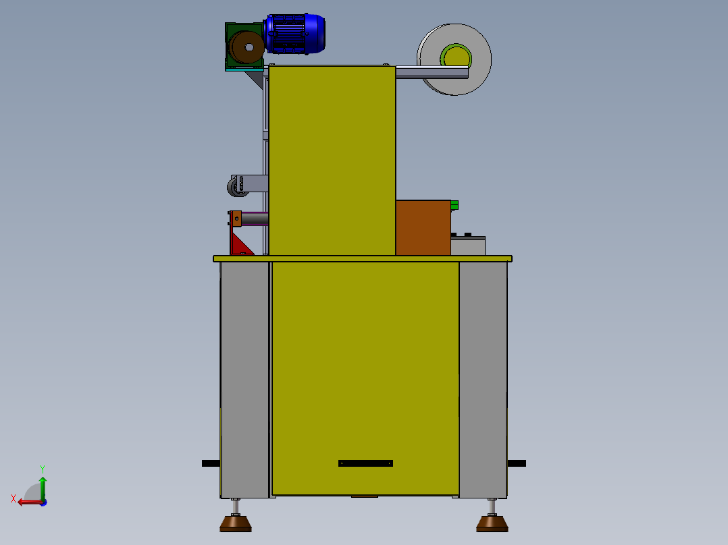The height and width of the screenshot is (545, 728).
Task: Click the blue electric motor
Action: (x=295, y=34)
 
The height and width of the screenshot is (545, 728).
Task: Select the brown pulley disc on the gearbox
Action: (x=246, y=48)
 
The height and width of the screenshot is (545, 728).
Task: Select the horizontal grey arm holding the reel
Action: (x=432, y=72)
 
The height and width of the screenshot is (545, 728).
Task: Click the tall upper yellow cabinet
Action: (x=332, y=160)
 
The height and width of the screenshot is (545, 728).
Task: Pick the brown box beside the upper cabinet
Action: (x=423, y=227)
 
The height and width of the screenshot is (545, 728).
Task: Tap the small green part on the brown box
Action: (x=454, y=204)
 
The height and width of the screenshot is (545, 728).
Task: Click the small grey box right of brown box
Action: (x=468, y=246)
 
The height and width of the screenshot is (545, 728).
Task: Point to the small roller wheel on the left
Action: (x=238, y=186)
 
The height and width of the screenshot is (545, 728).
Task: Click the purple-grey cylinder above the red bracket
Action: (x=255, y=219)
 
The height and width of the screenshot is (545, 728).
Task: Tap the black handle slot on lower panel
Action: (x=365, y=463)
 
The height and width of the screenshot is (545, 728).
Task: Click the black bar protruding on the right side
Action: (x=517, y=463)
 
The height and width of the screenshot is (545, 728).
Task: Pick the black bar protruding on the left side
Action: (x=211, y=463)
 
